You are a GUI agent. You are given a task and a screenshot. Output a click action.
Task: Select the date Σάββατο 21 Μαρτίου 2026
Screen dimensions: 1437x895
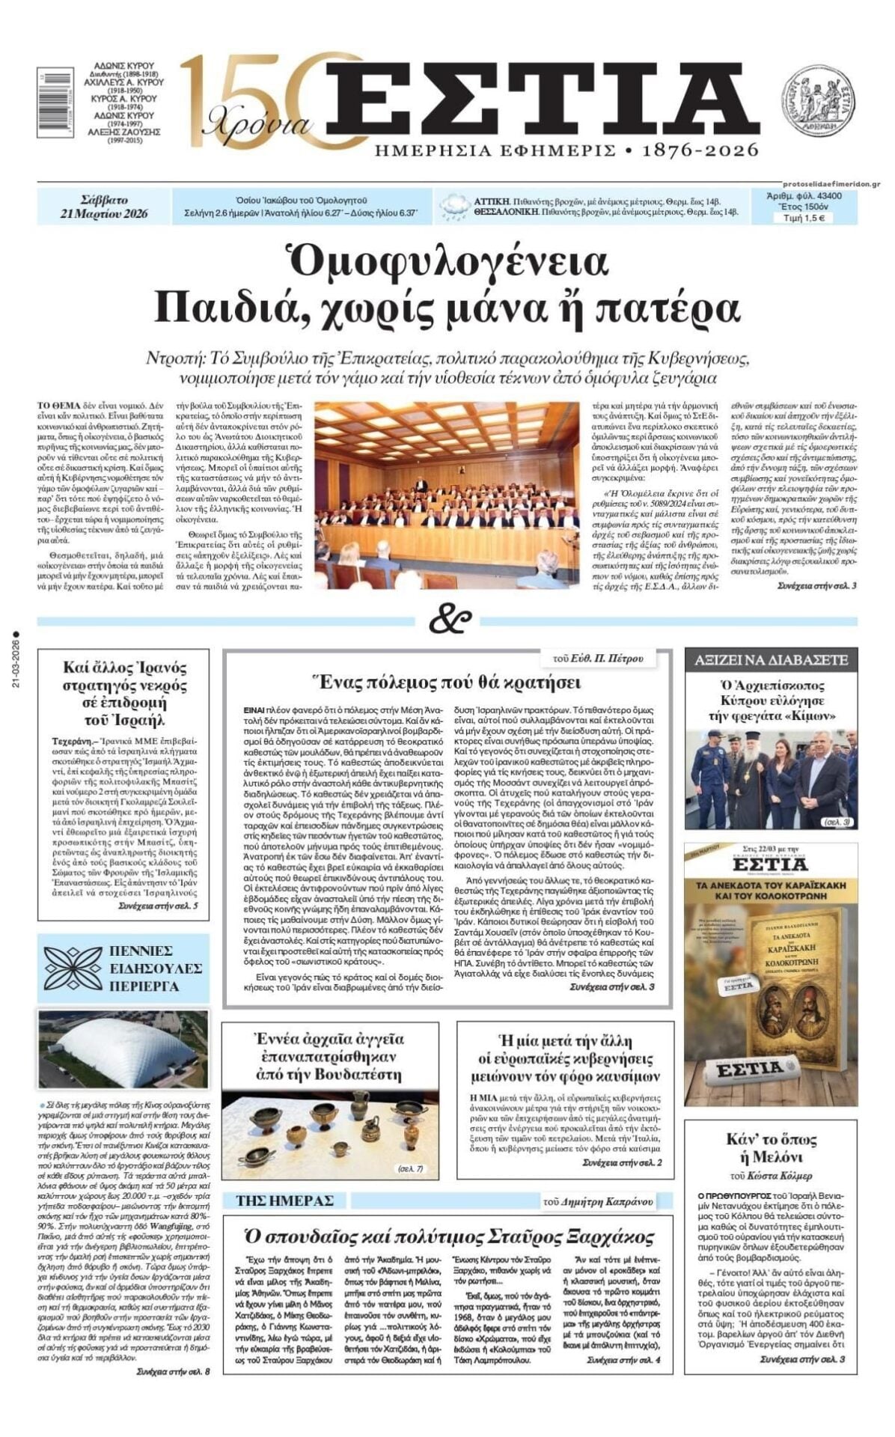click(104, 207)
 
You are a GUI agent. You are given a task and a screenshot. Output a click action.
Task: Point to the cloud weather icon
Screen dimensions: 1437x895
click(453, 205)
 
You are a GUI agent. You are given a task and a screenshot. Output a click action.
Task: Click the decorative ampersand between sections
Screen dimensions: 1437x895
click(449, 619)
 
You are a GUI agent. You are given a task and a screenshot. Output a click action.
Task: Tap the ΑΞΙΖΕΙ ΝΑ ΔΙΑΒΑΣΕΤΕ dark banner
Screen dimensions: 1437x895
click(771, 660)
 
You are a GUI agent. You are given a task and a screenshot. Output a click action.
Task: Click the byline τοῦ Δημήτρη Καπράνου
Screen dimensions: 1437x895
click(599, 1202)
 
